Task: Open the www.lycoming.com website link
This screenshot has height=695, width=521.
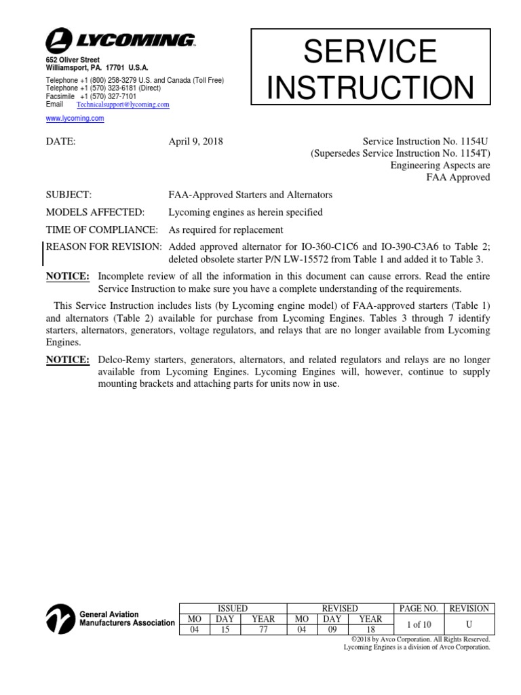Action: point(75,118)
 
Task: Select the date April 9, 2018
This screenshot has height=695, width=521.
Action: point(195,142)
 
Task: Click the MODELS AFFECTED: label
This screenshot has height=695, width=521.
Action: point(94,212)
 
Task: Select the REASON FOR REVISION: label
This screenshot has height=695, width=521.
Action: point(104,246)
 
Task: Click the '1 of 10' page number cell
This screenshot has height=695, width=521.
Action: point(417,623)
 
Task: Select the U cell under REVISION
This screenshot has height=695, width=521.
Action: point(469,623)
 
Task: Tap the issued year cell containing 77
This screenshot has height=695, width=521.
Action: point(263,628)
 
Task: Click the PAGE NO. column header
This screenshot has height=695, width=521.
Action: point(417,608)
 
